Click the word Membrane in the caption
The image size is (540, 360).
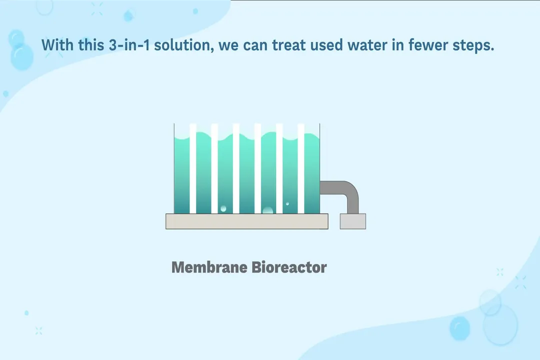coord(209,267)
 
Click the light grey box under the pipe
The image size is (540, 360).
coord(352,221)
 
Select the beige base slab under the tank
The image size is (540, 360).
coord(246,221)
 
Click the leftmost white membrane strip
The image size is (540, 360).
coord(193,167)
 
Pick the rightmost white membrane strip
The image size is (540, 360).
coord(301,167)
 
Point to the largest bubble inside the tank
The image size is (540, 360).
coord(267,210)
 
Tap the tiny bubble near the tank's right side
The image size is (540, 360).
coord(287,203)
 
